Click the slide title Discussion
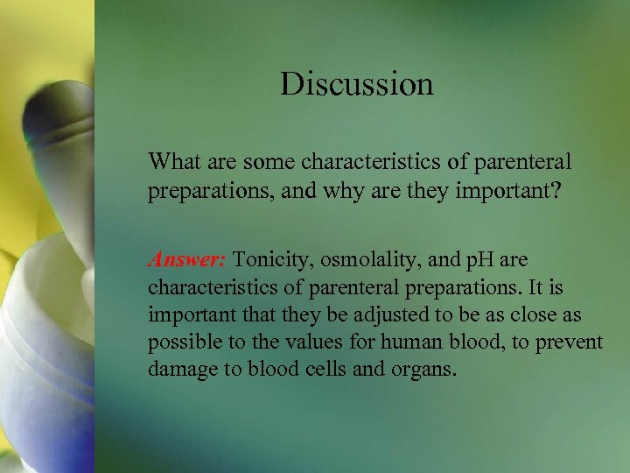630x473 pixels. [356, 84]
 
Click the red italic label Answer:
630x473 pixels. [187, 260]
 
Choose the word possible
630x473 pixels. [181, 342]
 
